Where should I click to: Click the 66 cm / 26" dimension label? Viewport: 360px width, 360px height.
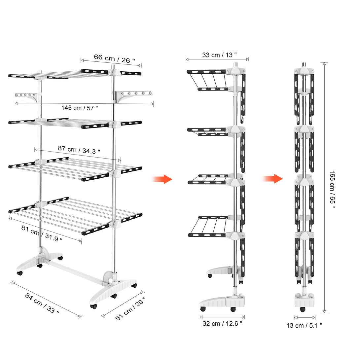115,58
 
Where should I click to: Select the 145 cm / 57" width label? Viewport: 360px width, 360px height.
80,108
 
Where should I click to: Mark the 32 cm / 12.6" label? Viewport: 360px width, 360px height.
222,324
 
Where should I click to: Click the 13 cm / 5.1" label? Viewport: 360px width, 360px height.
304,325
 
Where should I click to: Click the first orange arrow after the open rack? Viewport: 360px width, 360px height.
162,179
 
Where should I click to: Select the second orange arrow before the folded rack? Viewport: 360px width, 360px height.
272,179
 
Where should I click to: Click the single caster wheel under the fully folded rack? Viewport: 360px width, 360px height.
302,309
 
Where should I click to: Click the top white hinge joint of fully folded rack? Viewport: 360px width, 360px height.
304,71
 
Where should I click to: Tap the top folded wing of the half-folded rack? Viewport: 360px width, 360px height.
207,80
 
